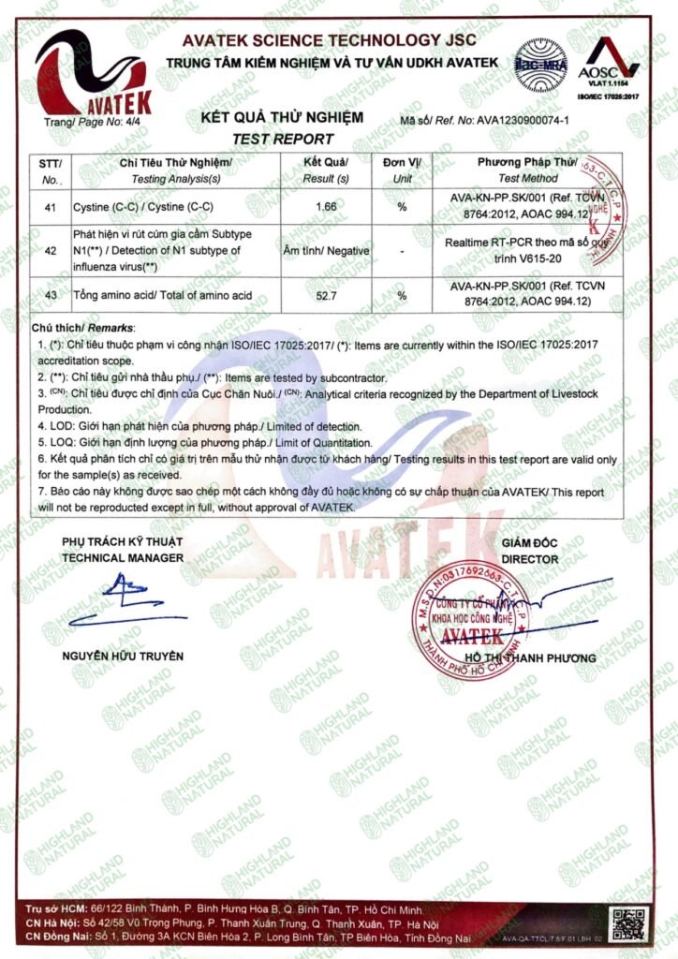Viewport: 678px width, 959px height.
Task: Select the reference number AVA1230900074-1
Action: pyautogui.click(x=535, y=122)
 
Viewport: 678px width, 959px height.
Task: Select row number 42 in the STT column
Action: pyautogui.click(x=51, y=250)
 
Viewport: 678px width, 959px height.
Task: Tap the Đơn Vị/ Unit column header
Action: pyautogui.click(x=402, y=170)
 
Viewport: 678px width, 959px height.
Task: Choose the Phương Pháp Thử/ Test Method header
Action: pyautogui.click(x=527, y=170)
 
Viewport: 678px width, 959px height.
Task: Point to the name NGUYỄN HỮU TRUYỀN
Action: pyautogui.click(x=123, y=655)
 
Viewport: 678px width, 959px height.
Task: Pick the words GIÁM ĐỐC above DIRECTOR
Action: pyautogui.click(x=530, y=543)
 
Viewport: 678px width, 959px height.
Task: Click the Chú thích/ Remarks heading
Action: pyautogui.click(x=83, y=329)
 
